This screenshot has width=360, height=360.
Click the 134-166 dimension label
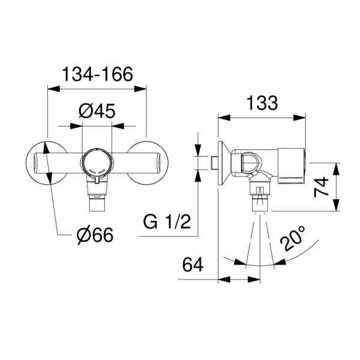pyautogui.click(x=97, y=74)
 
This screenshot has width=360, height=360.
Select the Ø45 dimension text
pyautogui.click(x=97, y=111)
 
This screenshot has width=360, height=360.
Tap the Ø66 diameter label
pyautogui.click(x=95, y=235)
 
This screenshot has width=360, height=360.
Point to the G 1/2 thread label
pyautogui.click(x=167, y=222)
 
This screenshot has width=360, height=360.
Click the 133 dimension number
pyautogui.click(x=262, y=103)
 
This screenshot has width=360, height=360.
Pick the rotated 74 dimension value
pyautogui.click(x=321, y=187)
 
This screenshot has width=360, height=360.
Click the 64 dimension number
pyautogui.click(x=193, y=265)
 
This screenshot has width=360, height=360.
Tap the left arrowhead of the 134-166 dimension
pyautogui.click(x=53, y=89)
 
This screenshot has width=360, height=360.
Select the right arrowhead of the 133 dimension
pyautogui.click(x=299, y=118)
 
